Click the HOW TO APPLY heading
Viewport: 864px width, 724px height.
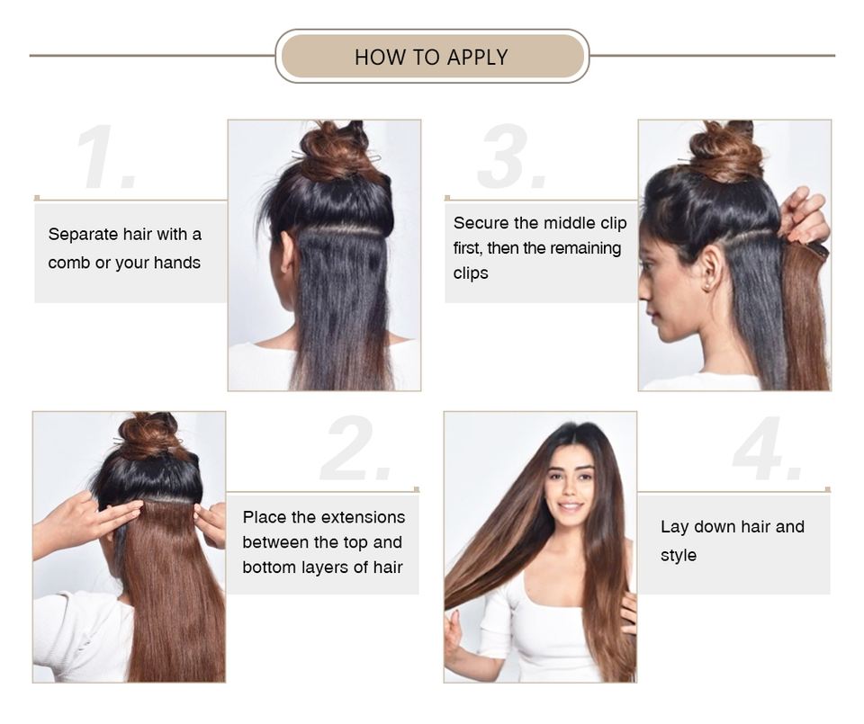tap(431, 57)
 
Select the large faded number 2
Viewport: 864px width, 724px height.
tap(355, 450)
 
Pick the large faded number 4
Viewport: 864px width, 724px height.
tap(768, 450)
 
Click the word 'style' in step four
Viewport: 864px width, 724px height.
tap(679, 556)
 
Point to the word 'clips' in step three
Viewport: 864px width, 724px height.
tap(471, 273)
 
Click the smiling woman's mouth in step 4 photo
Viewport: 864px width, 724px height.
tap(570, 505)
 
